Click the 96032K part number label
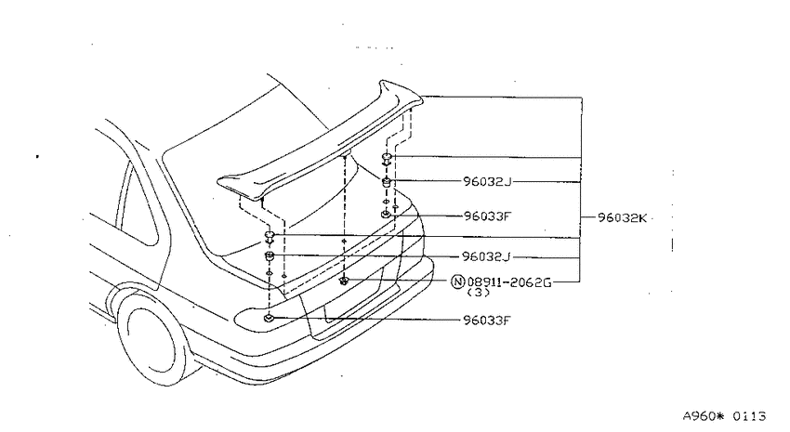click(x=622, y=218)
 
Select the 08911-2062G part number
click(x=509, y=281)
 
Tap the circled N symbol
click(x=457, y=281)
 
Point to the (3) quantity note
click(x=479, y=292)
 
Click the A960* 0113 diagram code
click(x=725, y=416)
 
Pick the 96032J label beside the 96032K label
click(x=487, y=181)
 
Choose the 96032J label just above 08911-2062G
click(x=486, y=256)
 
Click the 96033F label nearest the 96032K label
click(x=487, y=216)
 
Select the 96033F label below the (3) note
click(x=487, y=320)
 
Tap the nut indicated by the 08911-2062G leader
click(x=344, y=281)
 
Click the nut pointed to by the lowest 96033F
click(x=269, y=317)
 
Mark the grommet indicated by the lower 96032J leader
click(x=270, y=256)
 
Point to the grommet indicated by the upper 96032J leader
click(x=387, y=182)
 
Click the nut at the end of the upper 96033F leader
click(x=386, y=215)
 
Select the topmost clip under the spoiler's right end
click(x=387, y=159)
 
